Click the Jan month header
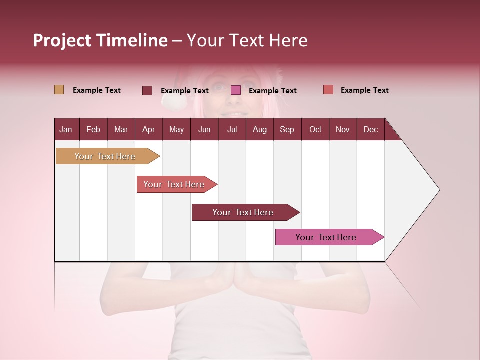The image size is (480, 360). pos(66,130)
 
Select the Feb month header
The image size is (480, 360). pos(93,130)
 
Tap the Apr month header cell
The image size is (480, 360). pos(149,130)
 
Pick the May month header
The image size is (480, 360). pos(176,130)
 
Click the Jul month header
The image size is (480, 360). pos(232,130)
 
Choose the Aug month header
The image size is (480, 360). pos(260,130)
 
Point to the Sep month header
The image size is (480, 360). pos(287,130)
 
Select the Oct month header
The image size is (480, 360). pos(315,130)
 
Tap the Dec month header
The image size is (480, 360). pos(371,130)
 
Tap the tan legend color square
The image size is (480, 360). pos(59,90)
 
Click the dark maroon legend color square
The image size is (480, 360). pos(147,90)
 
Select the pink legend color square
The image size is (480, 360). pos(236,90)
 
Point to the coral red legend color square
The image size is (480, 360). pos(328,90)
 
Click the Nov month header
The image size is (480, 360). pos(343,130)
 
